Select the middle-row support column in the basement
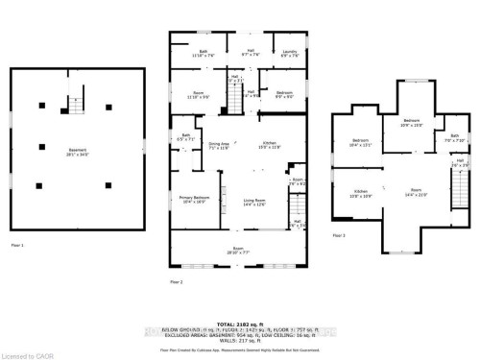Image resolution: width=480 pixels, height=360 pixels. (x=42, y=146)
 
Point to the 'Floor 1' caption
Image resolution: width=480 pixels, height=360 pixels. (x=17, y=246)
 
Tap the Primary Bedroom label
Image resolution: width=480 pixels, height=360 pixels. (x=193, y=200)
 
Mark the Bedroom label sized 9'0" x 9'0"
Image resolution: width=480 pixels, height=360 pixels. (x=284, y=94)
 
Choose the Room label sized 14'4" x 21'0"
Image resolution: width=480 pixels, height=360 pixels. (x=416, y=192)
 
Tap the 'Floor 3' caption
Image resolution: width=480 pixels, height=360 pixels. (x=338, y=234)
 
